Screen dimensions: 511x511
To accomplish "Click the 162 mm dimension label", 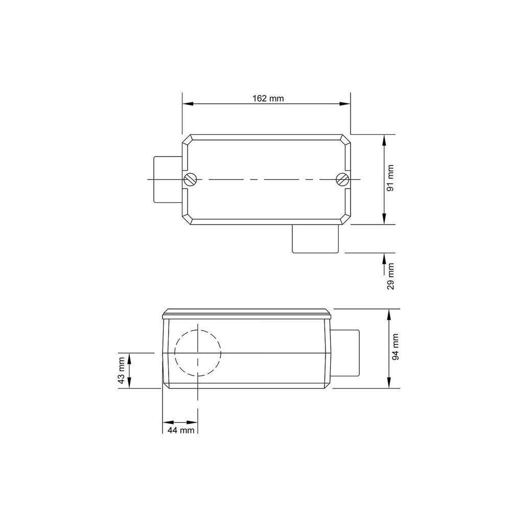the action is [268, 98].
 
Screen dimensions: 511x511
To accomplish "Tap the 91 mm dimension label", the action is [390, 178].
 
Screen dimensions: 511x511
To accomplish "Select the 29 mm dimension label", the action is [390, 276].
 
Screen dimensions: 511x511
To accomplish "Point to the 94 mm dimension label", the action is [395, 347].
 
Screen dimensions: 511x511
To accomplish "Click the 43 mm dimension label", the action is [121, 370].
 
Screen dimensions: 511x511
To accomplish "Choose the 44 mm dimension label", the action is [180, 430].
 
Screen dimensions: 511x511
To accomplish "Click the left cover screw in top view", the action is [190, 179].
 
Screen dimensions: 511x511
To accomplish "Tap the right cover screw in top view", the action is [342, 179].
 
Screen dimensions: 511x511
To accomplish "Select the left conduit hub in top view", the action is [168, 179].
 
